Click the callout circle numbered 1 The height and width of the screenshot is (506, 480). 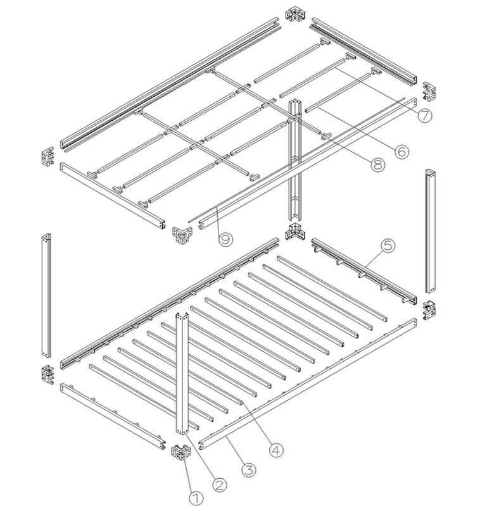(x=196, y=498)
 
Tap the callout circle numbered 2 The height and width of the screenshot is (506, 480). (x=219, y=484)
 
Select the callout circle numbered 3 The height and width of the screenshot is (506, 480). (x=249, y=469)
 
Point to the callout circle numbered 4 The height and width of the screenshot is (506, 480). (x=277, y=450)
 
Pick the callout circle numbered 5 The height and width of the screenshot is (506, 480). (x=388, y=246)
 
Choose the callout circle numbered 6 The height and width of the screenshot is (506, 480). (x=401, y=151)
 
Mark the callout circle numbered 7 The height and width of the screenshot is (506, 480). (x=425, y=115)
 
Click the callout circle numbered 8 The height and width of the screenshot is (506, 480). (x=377, y=164)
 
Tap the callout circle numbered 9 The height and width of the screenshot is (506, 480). (x=226, y=240)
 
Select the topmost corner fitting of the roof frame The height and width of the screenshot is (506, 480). (x=295, y=15)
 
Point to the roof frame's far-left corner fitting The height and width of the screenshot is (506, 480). (x=47, y=157)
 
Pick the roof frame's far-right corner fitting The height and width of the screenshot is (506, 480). (x=429, y=90)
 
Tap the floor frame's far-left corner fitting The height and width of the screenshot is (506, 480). (x=47, y=374)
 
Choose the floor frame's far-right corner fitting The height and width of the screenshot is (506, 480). (x=429, y=310)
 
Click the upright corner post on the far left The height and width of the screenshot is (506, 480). (x=46, y=295)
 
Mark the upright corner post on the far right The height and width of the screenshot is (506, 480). (x=430, y=231)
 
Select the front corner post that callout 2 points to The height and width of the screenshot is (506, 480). (x=182, y=374)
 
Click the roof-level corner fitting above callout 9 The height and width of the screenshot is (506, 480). (x=182, y=235)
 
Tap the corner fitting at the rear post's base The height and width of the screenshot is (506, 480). (x=295, y=231)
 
